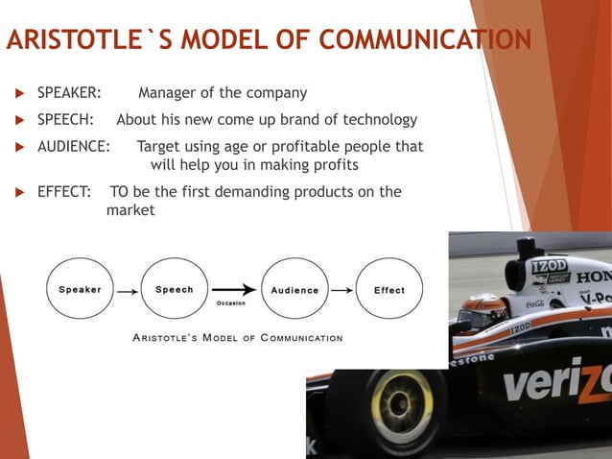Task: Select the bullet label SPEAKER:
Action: tap(69, 93)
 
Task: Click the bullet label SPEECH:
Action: tap(65, 120)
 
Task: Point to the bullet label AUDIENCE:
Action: tap(73, 147)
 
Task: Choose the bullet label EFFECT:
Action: tap(64, 191)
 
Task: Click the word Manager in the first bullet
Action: tap(170, 93)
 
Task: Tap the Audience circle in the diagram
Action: tap(294, 290)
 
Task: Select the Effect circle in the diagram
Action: tap(388, 290)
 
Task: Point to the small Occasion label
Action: tap(231, 303)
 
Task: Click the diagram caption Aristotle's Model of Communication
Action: tap(236, 338)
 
